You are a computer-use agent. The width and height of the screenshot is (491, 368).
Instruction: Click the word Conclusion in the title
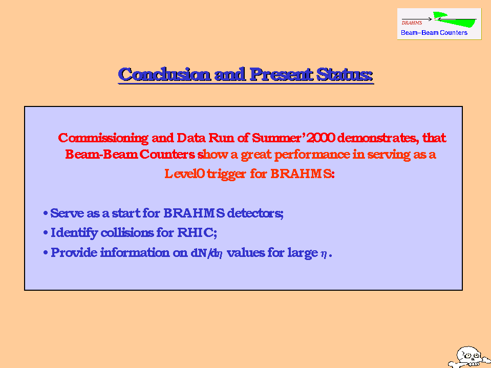point(164,75)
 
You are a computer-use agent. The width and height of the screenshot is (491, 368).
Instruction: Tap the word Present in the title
point(281,75)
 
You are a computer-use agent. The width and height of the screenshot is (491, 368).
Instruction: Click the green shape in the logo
point(454,19)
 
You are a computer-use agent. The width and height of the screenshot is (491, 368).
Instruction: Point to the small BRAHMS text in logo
point(412,23)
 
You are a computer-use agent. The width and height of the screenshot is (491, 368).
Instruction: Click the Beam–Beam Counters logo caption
point(434,33)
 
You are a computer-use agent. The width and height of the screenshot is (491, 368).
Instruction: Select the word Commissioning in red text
point(103,138)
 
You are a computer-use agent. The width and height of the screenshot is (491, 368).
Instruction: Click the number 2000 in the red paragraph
point(321,138)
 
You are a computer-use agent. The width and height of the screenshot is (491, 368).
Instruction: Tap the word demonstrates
point(378,138)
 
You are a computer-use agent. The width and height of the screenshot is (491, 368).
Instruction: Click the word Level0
point(184,174)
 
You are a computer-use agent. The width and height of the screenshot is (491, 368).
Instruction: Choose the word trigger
point(226,174)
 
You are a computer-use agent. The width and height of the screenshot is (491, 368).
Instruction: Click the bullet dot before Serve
point(46,213)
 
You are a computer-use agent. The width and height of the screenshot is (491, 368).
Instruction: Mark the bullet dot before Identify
point(46,233)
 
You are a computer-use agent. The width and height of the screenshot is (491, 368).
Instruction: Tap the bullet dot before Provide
point(46,252)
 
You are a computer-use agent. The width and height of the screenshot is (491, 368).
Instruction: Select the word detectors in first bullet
point(255,213)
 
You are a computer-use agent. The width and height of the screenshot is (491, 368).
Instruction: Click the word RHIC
point(196,232)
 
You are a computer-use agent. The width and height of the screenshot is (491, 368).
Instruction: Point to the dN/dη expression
point(207,253)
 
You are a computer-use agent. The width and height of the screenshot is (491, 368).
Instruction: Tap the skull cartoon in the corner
point(469,357)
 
